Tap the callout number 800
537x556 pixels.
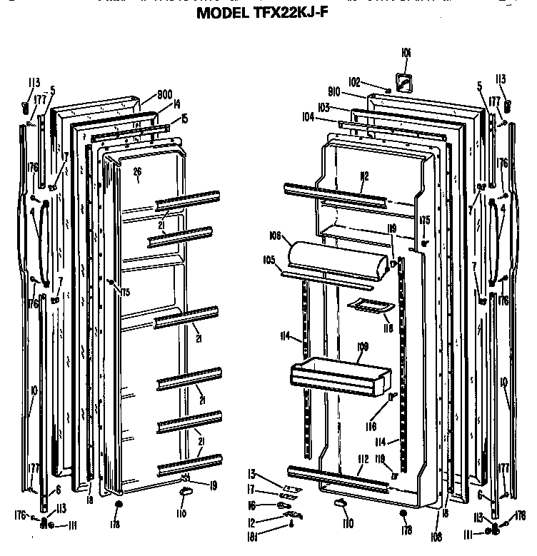pos(164,93)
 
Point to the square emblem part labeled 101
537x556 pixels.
pos(404,84)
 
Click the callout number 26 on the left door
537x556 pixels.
pos(137,171)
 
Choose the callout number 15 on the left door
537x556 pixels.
pos(184,118)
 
